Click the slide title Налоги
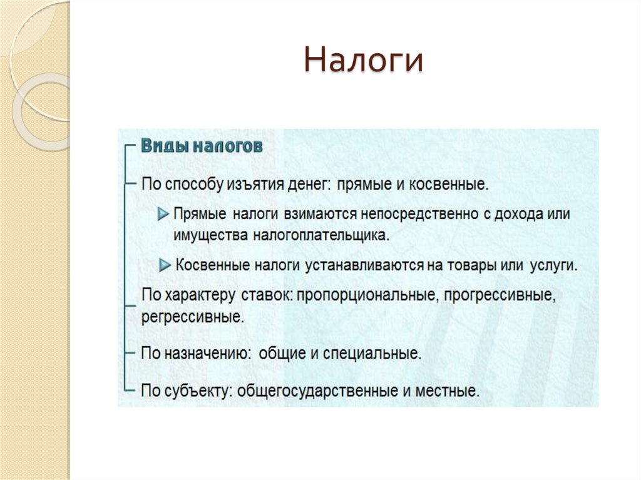(364, 62)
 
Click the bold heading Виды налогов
(201, 146)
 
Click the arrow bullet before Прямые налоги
(163, 214)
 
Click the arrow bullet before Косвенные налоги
(165, 265)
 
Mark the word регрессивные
(192, 316)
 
